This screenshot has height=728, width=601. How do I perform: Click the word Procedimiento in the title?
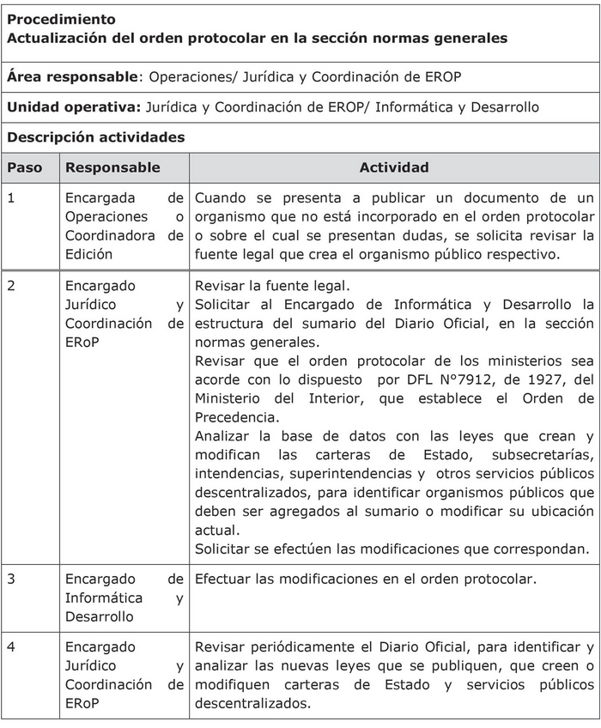pos(61,19)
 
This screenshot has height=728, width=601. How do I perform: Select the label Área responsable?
pos(72,76)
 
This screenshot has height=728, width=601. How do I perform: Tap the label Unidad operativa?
pos(74,107)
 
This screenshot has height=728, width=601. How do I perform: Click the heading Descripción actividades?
pos(95,137)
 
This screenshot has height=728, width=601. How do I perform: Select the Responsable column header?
pos(112,167)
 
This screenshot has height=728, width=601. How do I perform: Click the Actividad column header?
pos(394,167)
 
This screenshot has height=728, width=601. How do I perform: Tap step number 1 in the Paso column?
pos(11,198)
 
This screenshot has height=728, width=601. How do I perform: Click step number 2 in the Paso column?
pos(11,286)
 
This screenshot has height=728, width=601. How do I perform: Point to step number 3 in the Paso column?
pos(11,579)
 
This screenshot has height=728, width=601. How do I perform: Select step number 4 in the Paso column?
pos(11,647)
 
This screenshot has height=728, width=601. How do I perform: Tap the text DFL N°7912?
pos(436,379)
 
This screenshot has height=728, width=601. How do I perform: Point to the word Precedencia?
pos(234,417)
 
